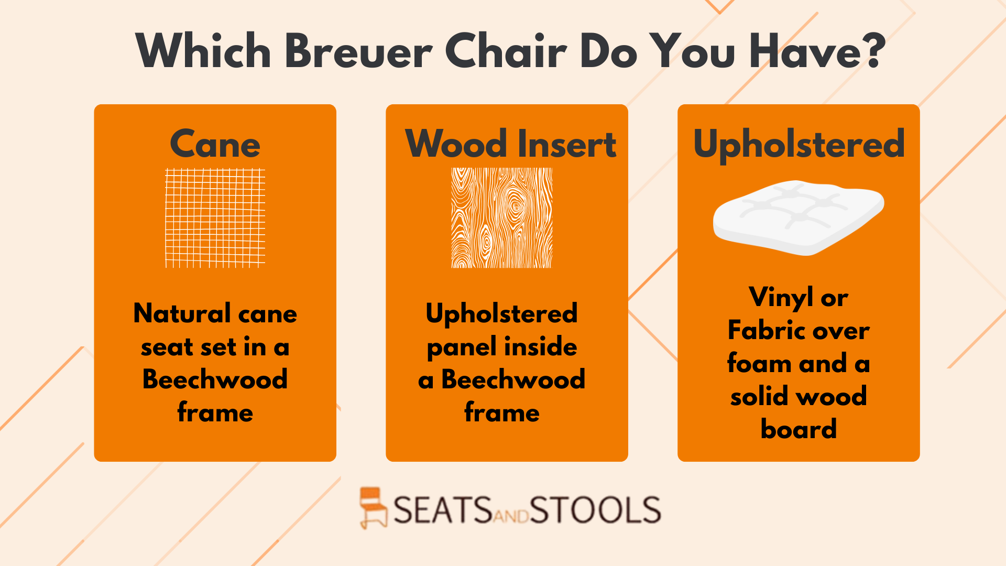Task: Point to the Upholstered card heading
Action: [x=799, y=145]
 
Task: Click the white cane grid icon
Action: [x=215, y=218]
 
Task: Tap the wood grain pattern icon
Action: [x=502, y=218]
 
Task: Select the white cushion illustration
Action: [x=799, y=217]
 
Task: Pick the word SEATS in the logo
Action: [x=443, y=510]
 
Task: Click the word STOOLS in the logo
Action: [x=595, y=510]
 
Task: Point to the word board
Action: [x=799, y=429]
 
